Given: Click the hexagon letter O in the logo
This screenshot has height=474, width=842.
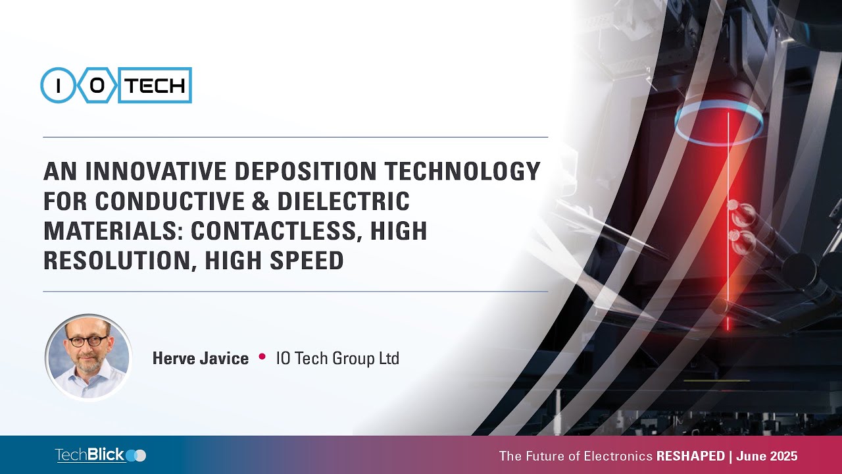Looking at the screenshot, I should [97, 86].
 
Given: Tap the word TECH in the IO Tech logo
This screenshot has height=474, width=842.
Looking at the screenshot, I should [155, 86].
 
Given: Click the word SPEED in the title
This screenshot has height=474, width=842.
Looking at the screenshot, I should [308, 261].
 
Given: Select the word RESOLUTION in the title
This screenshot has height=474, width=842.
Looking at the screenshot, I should [118, 261].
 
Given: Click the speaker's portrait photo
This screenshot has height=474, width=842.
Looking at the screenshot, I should [88, 357].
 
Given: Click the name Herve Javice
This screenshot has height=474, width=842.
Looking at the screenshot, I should [201, 359].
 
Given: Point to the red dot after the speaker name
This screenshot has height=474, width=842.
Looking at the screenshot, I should [262, 357].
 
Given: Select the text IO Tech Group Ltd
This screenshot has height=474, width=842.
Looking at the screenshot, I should [337, 359].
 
